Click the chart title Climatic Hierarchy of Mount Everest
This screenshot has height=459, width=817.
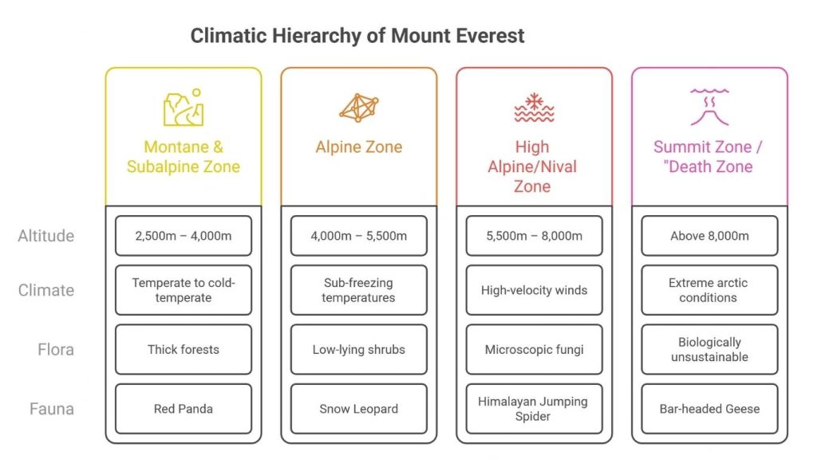(x=357, y=36)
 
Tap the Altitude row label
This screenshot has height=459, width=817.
(x=46, y=236)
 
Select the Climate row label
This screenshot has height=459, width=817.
(x=46, y=290)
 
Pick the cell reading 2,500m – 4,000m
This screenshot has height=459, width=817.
(x=183, y=236)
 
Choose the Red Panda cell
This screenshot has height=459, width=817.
(x=183, y=409)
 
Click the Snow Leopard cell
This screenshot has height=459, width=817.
(x=358, y=409)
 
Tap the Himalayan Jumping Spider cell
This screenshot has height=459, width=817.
(x=534, y=409)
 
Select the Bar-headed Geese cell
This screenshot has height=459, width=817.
(x=709, y=409)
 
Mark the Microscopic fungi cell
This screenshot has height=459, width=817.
(x=534, y=349)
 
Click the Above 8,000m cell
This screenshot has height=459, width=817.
(x=709, y=236)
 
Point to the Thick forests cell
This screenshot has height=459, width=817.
(x=183, y=349)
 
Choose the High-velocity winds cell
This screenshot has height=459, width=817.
(x=534, y=290)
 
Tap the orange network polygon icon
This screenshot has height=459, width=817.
(x=358, y=108)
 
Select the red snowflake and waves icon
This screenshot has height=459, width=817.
(x=534, y=108)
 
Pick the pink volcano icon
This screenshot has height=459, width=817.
(x=709, y=108)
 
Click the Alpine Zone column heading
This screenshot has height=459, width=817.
(x=358, y=147)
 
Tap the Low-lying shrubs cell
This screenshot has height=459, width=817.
(x=358, y=349)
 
